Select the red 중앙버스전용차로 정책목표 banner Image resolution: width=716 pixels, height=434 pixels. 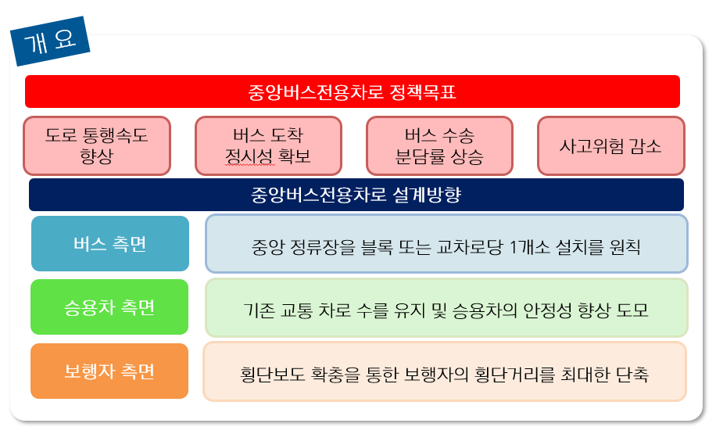click(352, 91)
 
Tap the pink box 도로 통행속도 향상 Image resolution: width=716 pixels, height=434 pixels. click(97, 145)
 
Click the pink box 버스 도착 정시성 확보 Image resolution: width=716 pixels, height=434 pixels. click(268, 145)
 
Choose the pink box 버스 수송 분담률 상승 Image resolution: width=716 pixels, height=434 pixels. click(439, 145)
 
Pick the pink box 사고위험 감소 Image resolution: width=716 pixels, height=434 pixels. click(610, 145)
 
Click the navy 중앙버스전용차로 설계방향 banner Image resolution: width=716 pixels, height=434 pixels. click(356, 195)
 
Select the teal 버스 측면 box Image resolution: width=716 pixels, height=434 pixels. click(110, 243)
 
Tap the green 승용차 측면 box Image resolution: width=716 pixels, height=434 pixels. click(109, 307)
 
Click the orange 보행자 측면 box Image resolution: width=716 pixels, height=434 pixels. click(109, 371)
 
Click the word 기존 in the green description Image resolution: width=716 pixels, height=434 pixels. click(260, 310)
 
